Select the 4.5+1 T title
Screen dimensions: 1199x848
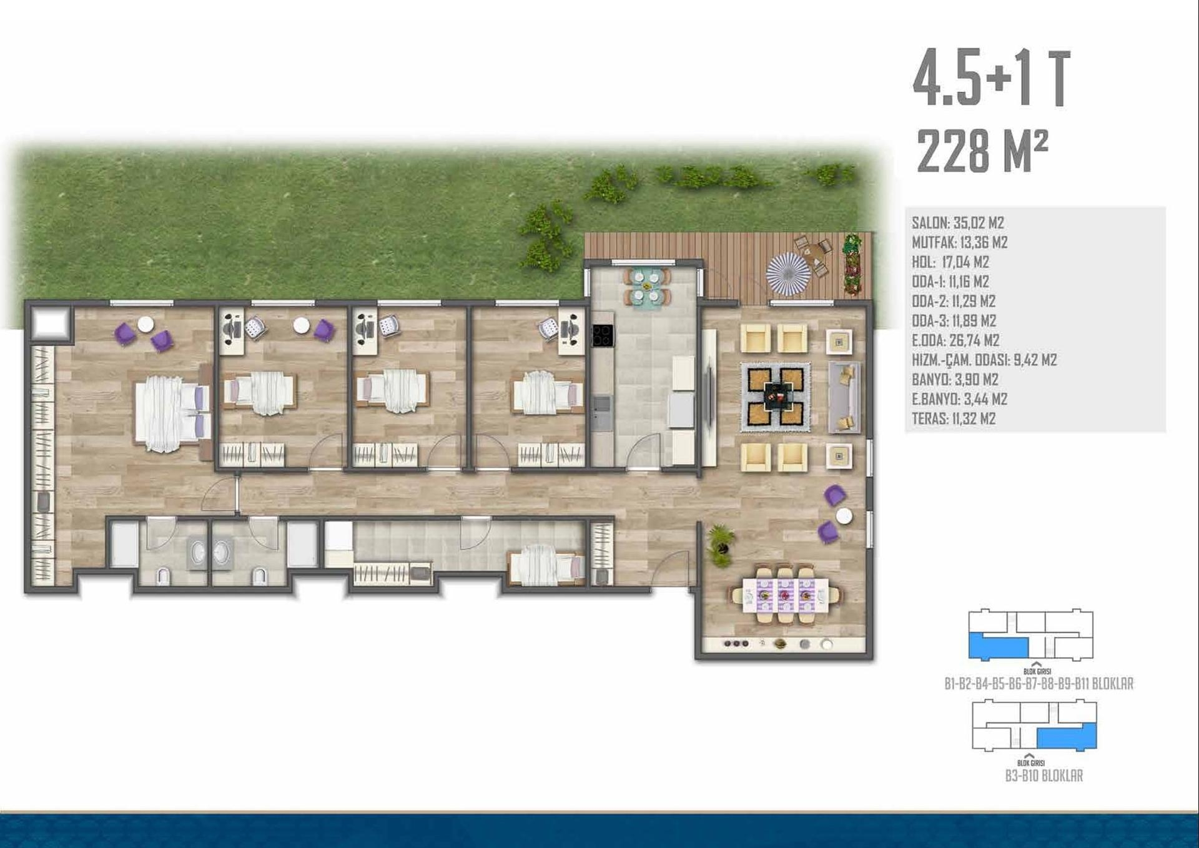tap(992, 79)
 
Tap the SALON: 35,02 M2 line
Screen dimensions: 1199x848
tap(957, 223)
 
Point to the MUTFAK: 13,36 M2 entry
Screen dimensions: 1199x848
tap(959, 242)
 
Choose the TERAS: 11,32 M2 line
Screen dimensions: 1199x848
tap(954, 418)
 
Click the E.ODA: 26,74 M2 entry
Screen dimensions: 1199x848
tap(955, 340)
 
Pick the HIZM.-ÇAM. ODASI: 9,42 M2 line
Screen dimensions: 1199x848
tap(984, 360)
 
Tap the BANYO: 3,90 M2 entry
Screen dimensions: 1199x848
tap(955, 379)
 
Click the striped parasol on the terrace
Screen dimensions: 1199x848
tap(788, 274)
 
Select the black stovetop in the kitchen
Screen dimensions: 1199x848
tap(603, 335)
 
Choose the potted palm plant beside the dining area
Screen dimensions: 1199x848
tap(721, 544)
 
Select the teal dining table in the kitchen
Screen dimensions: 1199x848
tap(646, 287)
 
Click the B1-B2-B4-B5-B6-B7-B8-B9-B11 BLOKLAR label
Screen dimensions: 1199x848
tap(1039, 684)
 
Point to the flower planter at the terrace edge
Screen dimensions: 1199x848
tap(852, 264)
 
